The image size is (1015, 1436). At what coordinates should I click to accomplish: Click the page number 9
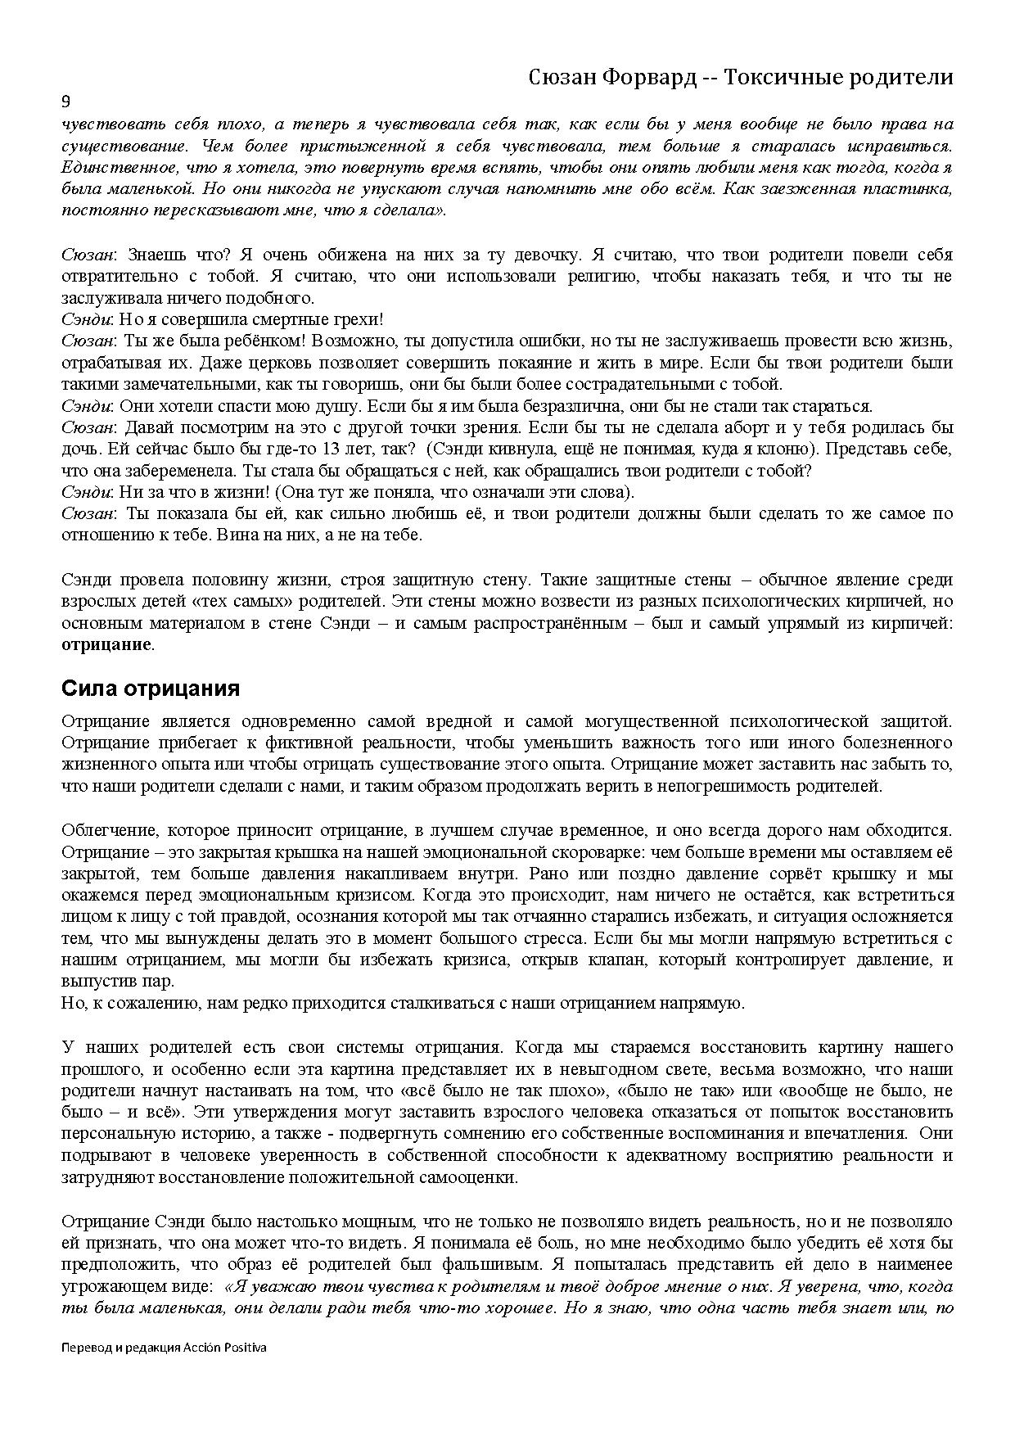(x=66, y=102)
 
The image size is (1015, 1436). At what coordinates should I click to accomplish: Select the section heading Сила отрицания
(x=151, y=689)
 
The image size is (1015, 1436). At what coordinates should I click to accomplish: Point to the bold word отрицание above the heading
(x=106, y=644)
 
